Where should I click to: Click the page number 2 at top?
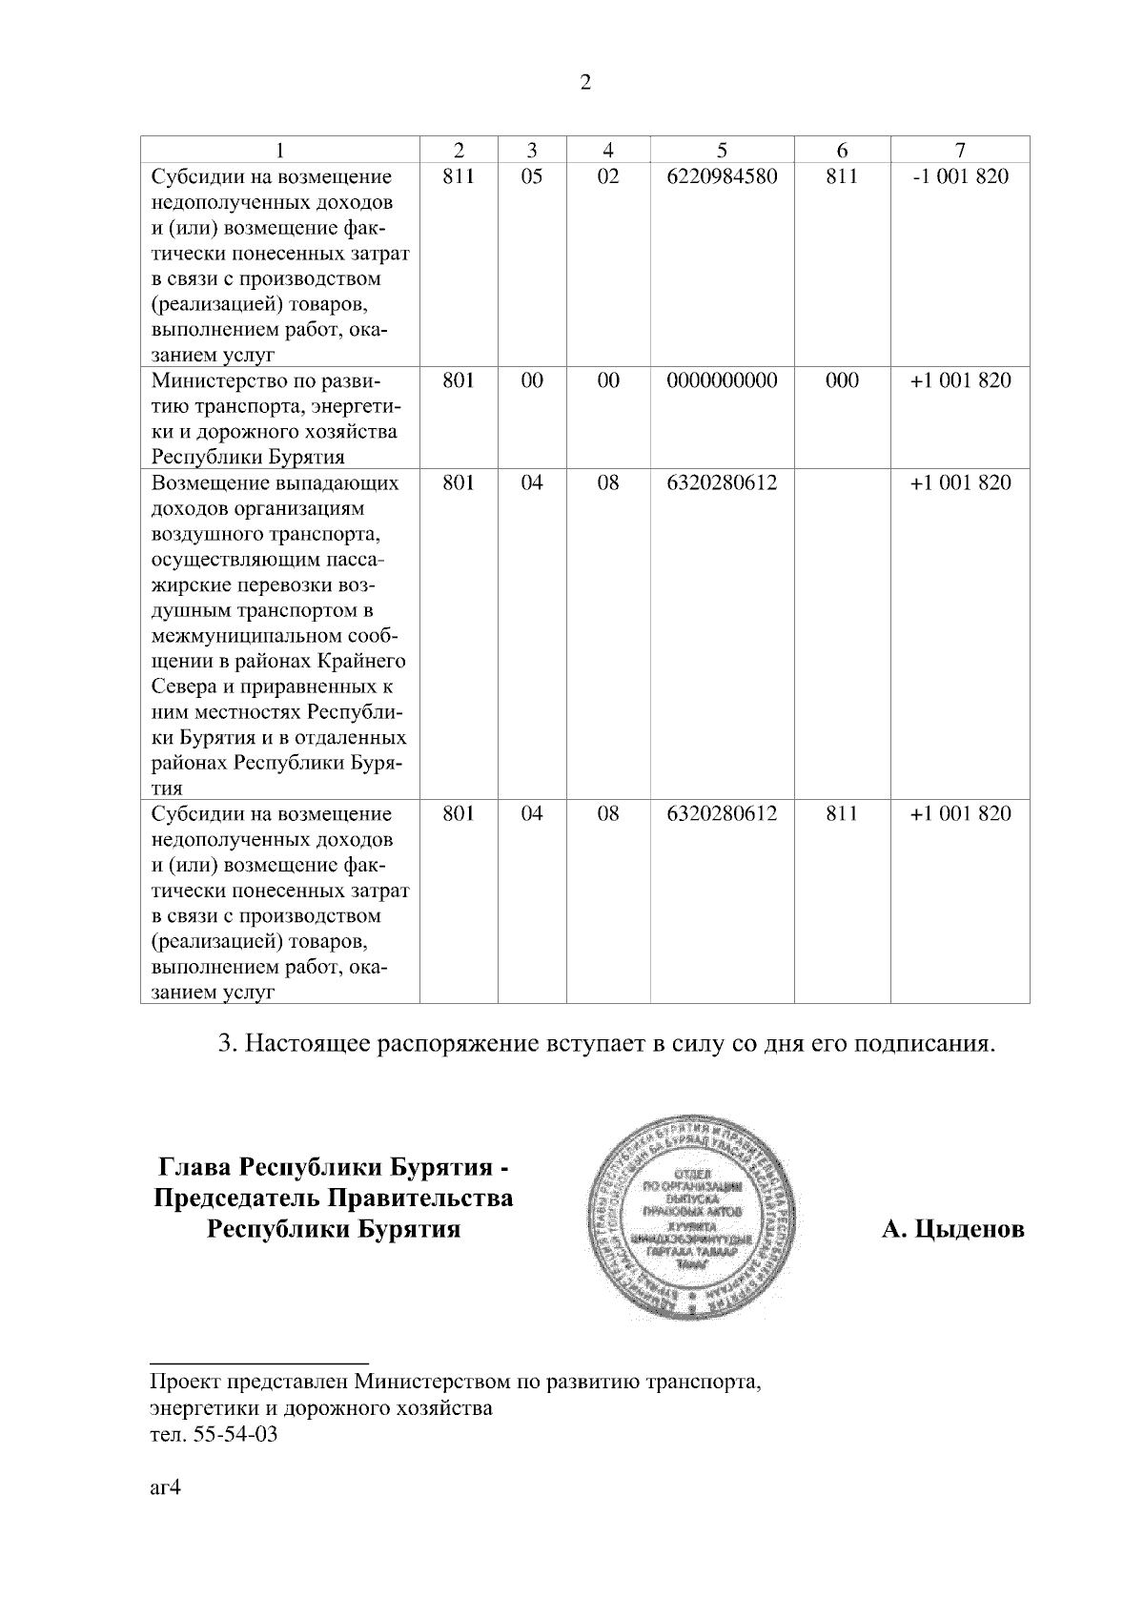pyautogui.click(x=585, y=83)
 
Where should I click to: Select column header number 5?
pyautogui.click(x=722, y=150)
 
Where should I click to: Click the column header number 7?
pyautogui.click(x=960, y=150)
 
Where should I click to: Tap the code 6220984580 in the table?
pyautogui.click(x=722, y=176)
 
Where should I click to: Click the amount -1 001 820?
pyautogui.click(x=960, y=176)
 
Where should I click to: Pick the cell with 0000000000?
pyautogui.click(x=722, y=380)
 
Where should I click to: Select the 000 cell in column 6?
pyautogui.click(x=841, y=380)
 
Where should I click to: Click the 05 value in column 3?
pyautogui.click(x=532, y=176)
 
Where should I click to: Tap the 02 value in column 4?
pyautogui.click(x=607, y=176)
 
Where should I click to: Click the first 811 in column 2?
pyautogui.click(x=459, y=176)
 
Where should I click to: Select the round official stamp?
pyautogui.click(x=694, y=1213)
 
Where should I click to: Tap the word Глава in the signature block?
pyautogui.click(x=194, y=1167)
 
